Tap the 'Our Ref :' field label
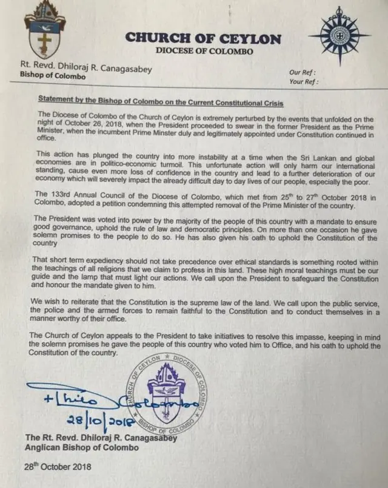[304, 72]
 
